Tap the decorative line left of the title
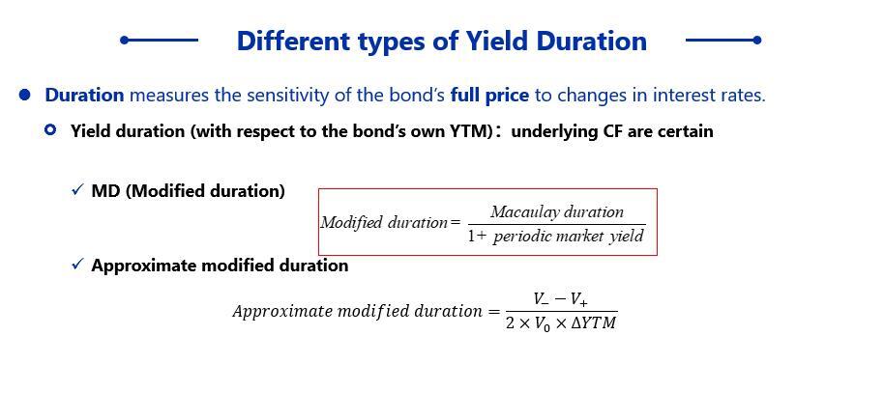pyautogui.click(x=160, y=40)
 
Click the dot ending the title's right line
pyautogui.click(x=757, y=40)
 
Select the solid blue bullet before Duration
pyautogui.click(x=24, y=95)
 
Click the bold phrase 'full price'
pyautogui.click(x=489, y=96)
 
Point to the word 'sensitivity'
pyautogui.click(x=288, y=96)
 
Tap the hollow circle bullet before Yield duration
pyautogui.click(x=50, y=130)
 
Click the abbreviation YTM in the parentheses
pyautogui.click(x=474, y=131)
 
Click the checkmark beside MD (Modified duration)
pyautogui.click(x=77, y=190)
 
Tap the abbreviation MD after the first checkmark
pyautogui.click(x=106, y=191)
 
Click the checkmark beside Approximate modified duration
pyautogui.click(x=77, y=264)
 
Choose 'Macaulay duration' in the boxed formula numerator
pyautogui.click(x=557, y=211)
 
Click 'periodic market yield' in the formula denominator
pyautogui.click(x=569, y=236)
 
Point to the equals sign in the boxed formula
pyautogui.click(x=456, y=222)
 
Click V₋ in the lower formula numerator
pyautogui.click(x=540, y=300)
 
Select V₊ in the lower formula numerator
pyautogui.click(x=578, y=300)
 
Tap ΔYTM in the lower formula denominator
pyautogui.click(x=593, y=324)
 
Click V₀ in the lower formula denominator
pyautogui.click(x=542, y=325)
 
